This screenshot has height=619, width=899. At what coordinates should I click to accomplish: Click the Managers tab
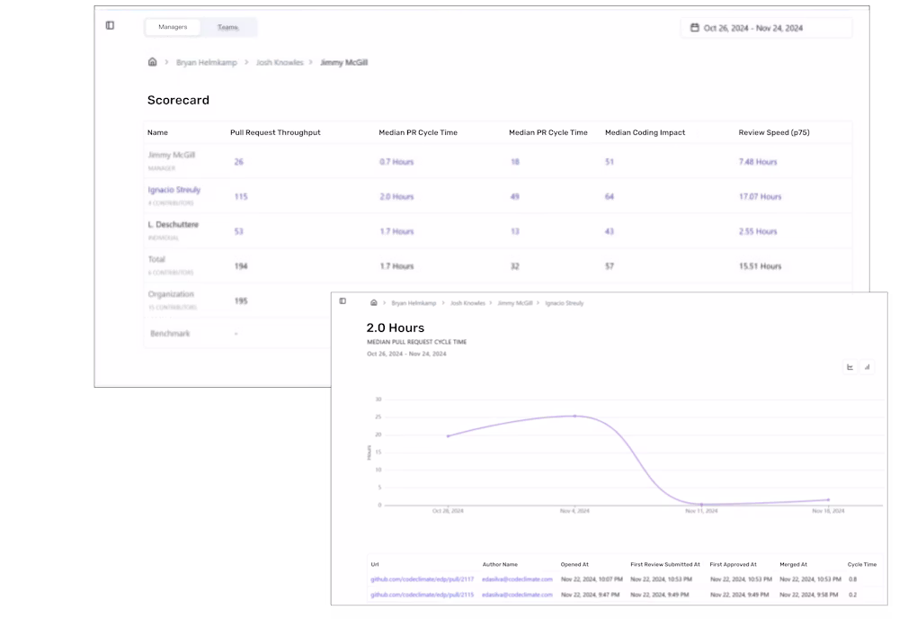(173, 27)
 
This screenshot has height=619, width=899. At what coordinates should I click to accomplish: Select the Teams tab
(227, 27)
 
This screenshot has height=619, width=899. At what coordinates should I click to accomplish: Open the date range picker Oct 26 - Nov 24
(766, 28)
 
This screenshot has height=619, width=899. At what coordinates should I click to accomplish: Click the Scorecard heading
(178, 100)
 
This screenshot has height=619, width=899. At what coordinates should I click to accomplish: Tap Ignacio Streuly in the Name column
(174, 190)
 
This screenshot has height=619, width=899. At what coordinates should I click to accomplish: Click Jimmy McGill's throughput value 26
(238, 162)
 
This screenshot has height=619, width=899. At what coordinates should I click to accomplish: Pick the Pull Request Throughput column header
(275, 132)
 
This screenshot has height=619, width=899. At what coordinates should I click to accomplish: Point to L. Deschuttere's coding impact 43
(610, 231)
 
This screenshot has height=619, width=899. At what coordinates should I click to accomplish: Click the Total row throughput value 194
(241, 266)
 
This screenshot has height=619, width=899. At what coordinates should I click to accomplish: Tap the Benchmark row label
(170, 334)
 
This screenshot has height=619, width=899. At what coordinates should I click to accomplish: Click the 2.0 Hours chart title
(395, 327)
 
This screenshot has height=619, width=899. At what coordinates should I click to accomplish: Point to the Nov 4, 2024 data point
(575, 416)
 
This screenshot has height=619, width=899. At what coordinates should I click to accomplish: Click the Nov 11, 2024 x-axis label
(701, 511)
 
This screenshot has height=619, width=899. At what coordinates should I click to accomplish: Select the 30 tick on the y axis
(378, 399)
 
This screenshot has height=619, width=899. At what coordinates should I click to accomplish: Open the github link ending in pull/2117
(422, 579)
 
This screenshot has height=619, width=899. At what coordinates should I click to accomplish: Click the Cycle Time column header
(861, 564)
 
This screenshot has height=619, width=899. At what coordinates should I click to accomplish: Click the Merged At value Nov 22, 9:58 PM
(810, 595)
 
